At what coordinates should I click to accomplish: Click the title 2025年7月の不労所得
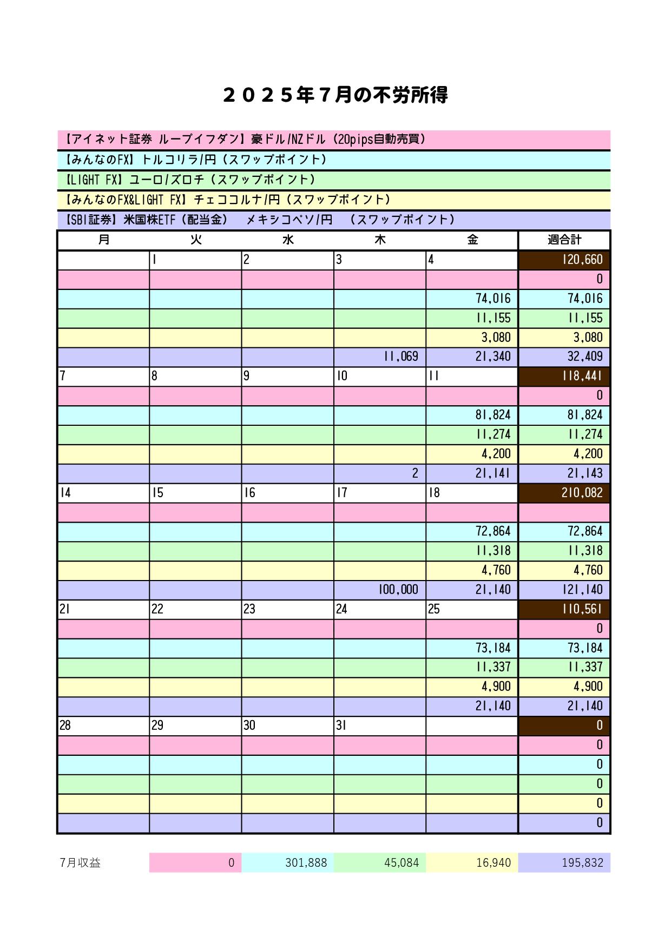335,96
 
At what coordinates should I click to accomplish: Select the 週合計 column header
564,240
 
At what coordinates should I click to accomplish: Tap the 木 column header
380,240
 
